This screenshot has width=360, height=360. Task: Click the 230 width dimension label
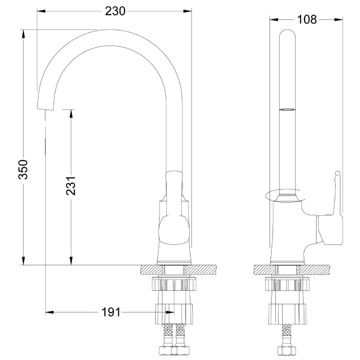tap(115, 11)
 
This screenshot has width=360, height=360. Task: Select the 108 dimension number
tap(307, 20)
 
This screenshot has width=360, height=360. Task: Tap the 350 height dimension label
tap(23, 169)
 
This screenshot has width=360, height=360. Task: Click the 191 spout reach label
tap(111, 312)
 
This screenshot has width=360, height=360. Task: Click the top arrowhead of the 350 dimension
tap(23, 34)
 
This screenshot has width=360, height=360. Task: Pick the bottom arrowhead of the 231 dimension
tap(71, 261)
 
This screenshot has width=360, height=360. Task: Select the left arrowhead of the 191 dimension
tap(50, 312)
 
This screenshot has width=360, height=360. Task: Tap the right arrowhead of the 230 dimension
tap(187, 11)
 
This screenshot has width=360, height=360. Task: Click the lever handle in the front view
tap(174, 208)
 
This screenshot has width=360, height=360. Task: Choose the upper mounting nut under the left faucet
tap(174, 284)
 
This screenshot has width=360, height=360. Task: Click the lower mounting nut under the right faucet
tap(287, 314)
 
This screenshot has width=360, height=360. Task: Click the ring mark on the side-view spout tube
tap(287, 110)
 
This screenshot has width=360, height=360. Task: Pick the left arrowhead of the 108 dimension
tap(274, 20)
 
